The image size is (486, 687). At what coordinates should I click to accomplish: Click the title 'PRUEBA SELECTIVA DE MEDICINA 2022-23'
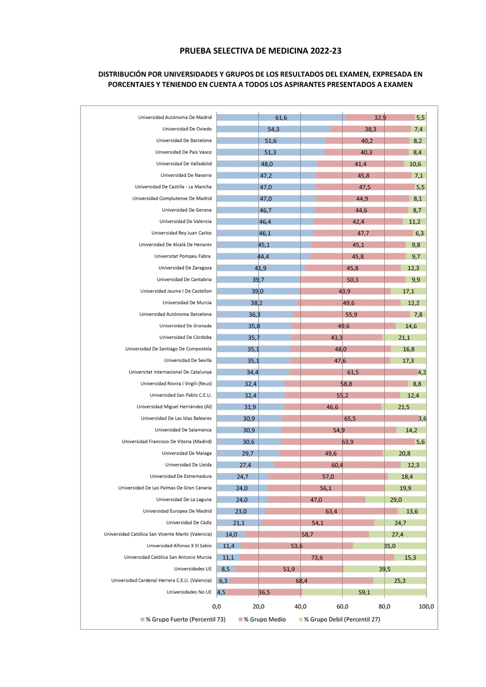(260, 51)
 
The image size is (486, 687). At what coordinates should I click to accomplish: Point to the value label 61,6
(281, 118)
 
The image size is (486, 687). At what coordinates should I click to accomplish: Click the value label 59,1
(364, 593)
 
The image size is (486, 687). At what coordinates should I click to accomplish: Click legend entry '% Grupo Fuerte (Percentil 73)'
(183, 619)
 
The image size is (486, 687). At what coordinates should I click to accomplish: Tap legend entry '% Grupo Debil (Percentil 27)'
(339, 619)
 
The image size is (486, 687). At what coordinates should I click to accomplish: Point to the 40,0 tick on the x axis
(301, 606)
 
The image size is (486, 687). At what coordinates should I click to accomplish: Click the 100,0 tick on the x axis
(426, 606)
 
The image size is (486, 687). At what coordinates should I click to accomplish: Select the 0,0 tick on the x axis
(217, 606)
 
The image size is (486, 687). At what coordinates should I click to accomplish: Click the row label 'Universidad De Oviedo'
(187, 129)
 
